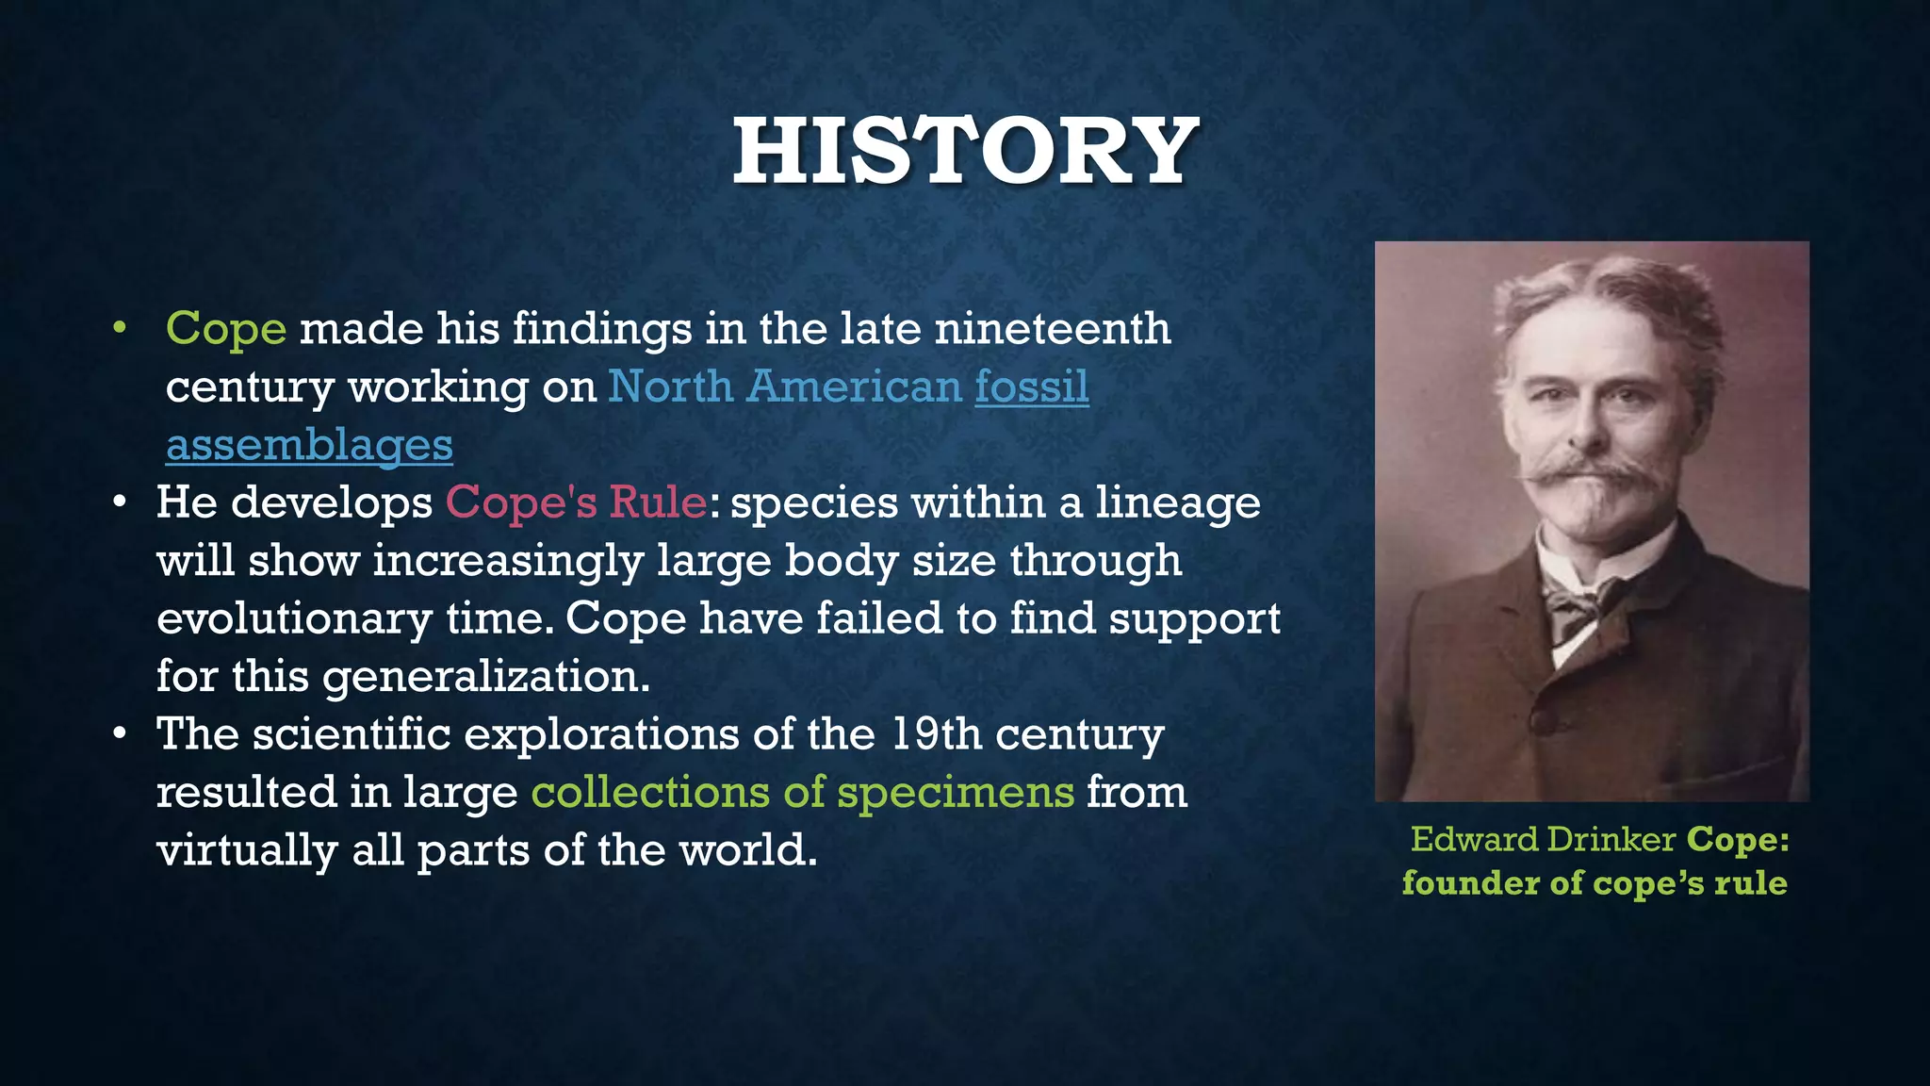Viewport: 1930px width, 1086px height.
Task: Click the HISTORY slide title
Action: click(965, 151)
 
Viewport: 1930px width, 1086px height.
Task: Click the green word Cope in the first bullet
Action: click(226, 329)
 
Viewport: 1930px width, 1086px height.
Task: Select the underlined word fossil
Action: click(1032, 387)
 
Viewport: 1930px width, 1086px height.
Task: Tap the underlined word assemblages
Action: click(309, 445)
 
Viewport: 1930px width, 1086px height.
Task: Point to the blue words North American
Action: click(784, 387)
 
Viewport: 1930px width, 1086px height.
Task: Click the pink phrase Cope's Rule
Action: click(576, 502)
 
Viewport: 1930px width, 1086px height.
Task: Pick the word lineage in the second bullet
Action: click(1177, 502)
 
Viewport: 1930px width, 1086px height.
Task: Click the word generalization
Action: click(486, 677)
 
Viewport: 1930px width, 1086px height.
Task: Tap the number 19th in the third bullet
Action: click(936, 733)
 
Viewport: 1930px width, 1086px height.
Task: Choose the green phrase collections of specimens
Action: click(802, 792)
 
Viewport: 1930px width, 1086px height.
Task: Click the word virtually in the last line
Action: click(247, 850)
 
